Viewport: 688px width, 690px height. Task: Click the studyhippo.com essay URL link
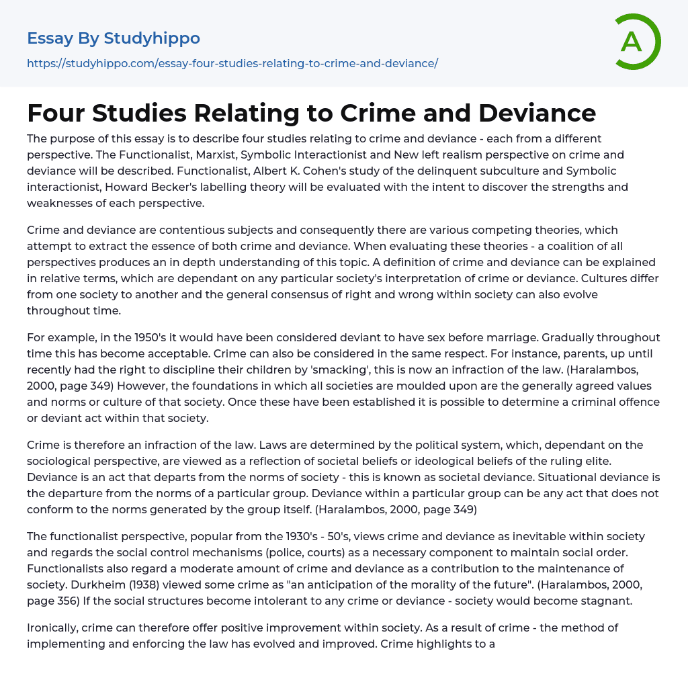click(232, 63)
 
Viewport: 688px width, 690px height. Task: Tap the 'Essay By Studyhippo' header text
click(114, 38)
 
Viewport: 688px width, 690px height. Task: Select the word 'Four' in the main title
click(56, 113)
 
